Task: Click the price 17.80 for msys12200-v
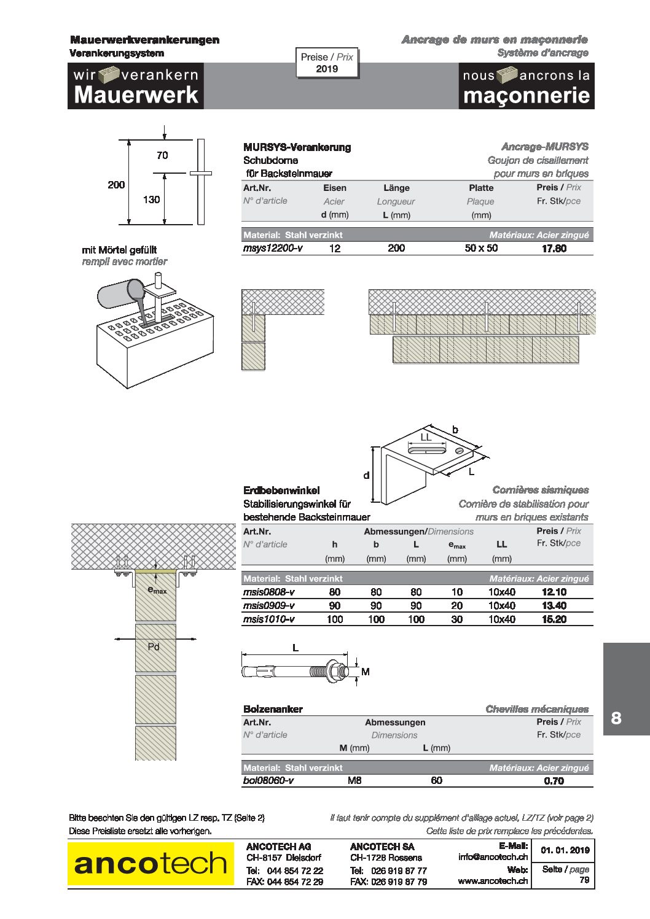click(x=554, y=248)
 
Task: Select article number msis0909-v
click(x=268, y=605)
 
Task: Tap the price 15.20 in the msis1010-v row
click(x=554, y=619)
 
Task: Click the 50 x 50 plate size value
click(x=481, y=248)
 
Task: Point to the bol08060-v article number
click(x=268, y=780)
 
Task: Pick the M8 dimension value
click(x=354, y=780)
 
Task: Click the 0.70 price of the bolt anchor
click(x=554, y=781)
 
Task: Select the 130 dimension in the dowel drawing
click(x=152, y=200)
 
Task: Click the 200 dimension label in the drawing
click(x=116, y=185)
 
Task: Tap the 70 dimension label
click(x=162, y=155)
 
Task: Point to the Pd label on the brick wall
click(x=153, y=647)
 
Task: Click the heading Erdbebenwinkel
click(x=281, y=491)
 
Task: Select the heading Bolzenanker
click(x=273, y=709)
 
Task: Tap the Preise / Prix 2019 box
click(x=327, y=63)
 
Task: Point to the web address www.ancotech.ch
click(x=493, y=880)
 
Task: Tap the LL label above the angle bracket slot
click(x=426, y=437)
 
